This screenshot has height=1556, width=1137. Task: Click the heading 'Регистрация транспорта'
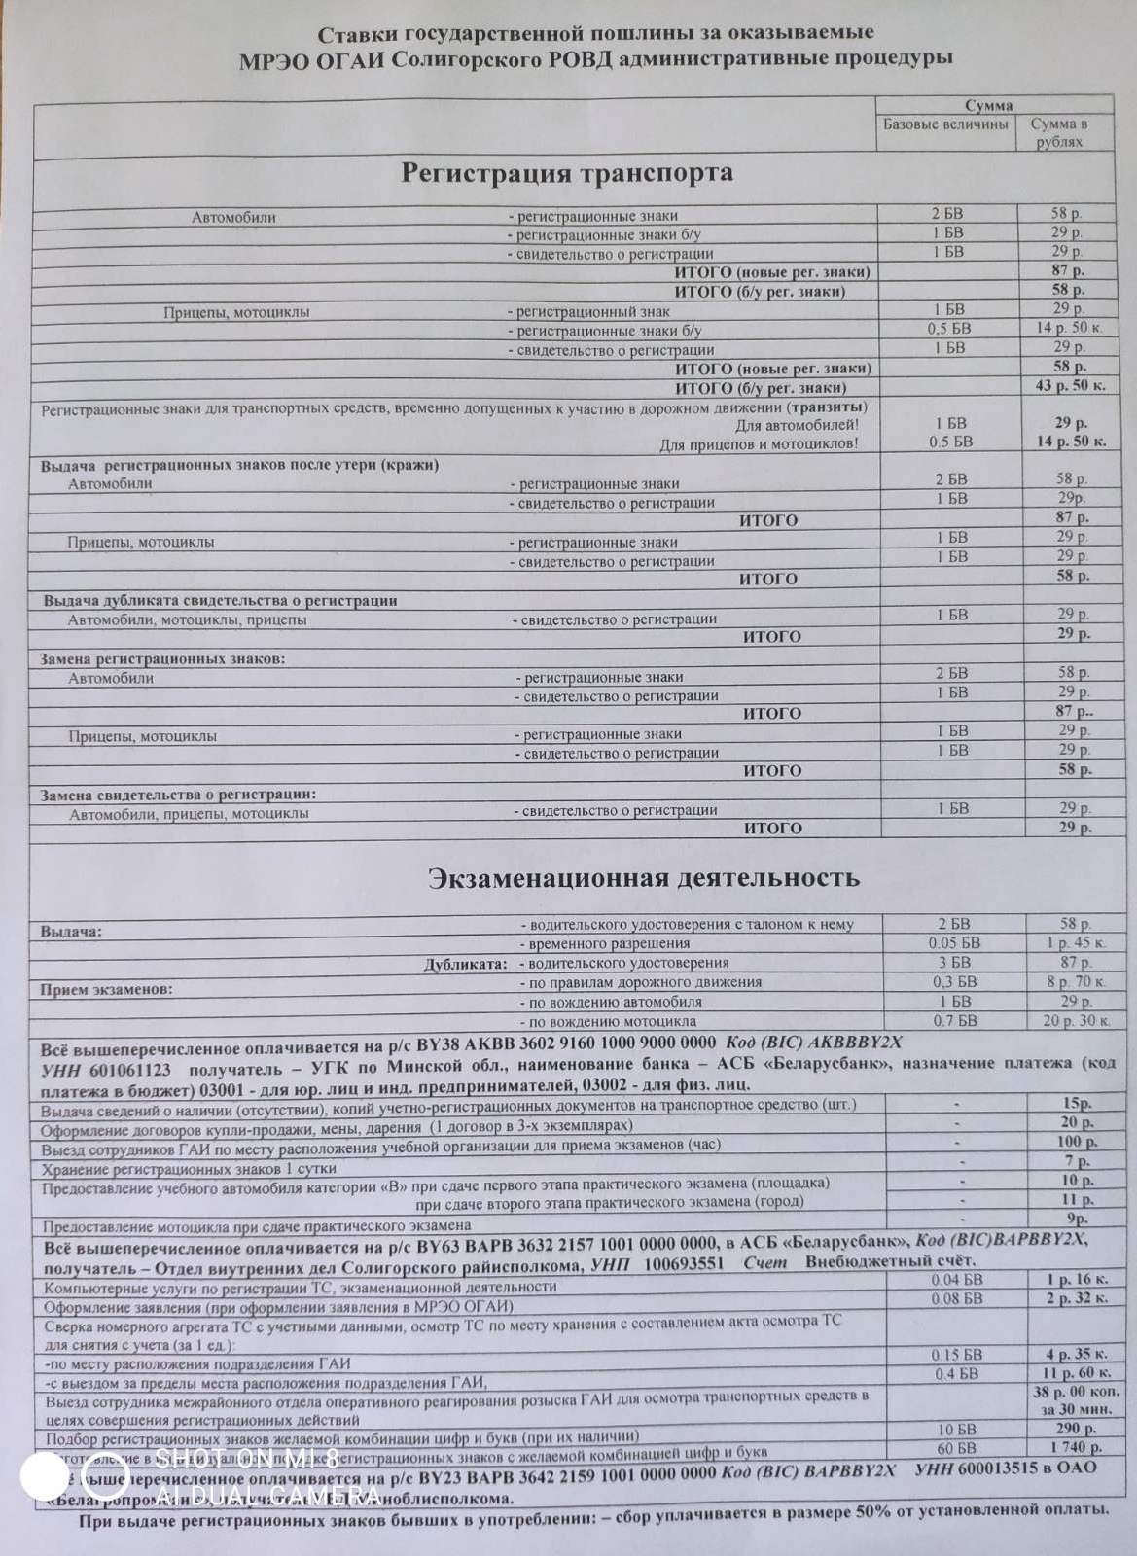click(x=567, y=173)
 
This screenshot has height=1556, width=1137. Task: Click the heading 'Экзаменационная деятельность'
click(x=644, y=877)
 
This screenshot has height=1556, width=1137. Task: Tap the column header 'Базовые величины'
click(x=945, y=124)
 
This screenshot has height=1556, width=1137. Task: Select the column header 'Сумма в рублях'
click(x=1058, y=133)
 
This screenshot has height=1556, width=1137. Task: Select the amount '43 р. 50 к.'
click(x=1070, y=386)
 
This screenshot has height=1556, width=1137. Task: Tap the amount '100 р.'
click(x=1074, y=1142)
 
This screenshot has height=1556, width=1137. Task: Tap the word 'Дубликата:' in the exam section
click(x=466, y=965)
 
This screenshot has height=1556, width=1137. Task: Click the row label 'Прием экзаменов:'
click(x=106, y=990)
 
